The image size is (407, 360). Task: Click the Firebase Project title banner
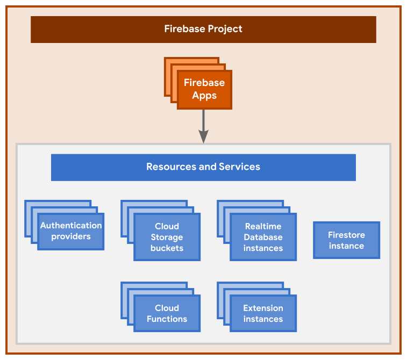tap(203, 29)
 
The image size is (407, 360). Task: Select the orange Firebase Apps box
tap(204, 90)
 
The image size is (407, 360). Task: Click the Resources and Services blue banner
tap(203, 167)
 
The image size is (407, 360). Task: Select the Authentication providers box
tap(71, 231)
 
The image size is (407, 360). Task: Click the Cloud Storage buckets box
tap(167, 237)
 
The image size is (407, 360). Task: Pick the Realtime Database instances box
tap(263, 237)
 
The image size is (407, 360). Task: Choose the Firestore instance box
tap(346, 241)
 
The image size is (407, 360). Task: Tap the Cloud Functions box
tap(167, 314)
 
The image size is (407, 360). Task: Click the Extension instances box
tap(263, 314)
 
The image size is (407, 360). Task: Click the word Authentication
tap(71, 226)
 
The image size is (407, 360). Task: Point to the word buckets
tap(167, 248)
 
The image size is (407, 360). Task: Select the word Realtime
tap(263, 227)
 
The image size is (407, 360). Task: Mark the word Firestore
tap(346, 235)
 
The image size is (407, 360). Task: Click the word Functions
tap(167, 319)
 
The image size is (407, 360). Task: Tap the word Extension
tap(263, 308)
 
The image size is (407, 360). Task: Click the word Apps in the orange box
tap(204, 96)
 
